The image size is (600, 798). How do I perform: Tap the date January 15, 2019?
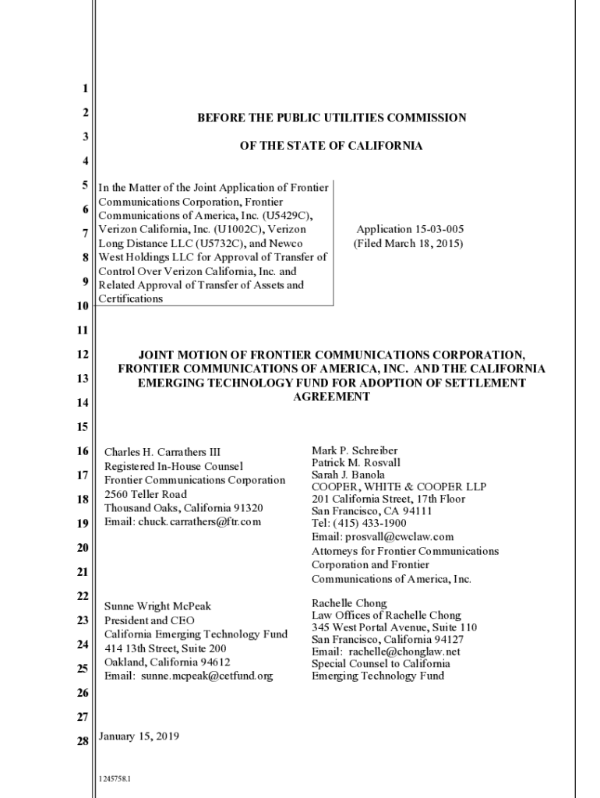(139, 736)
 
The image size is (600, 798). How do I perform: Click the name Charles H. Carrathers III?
(162, 452)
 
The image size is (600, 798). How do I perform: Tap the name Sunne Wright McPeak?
(157, 606)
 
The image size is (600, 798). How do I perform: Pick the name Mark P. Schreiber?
(355, 450)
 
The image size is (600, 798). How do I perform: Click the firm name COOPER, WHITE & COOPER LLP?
(399, 487)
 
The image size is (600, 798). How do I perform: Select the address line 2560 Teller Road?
(146, 494)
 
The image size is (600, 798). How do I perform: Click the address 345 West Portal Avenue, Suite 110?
(394, 627)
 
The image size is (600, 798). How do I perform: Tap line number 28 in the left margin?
(83, 741)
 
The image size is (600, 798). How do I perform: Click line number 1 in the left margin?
(84, 89)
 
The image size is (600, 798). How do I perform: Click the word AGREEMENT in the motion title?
(331, 397)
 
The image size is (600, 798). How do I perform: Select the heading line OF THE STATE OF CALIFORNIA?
(331, 146)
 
